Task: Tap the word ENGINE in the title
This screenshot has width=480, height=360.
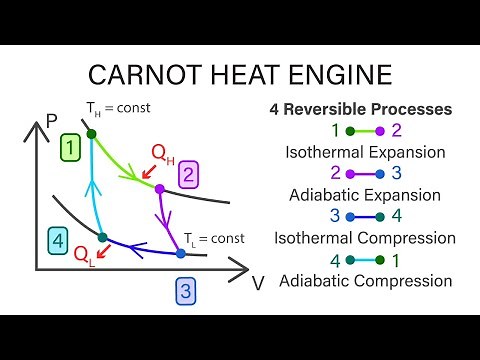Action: (342, 76)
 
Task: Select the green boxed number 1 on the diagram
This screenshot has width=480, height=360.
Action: (69, 149)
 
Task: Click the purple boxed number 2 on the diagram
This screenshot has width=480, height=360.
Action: (189, 177)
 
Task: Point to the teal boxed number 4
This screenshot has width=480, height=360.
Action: (60, 240)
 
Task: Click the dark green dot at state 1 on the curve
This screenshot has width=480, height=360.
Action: (91, 133)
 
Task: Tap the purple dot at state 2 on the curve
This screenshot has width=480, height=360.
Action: (159, 188)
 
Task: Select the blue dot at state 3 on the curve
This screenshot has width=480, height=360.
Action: (181, 254)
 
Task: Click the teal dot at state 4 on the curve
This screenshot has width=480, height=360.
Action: (102, 237)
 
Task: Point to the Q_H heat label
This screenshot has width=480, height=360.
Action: (164, 152)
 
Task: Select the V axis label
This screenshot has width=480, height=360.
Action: (258, 282)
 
